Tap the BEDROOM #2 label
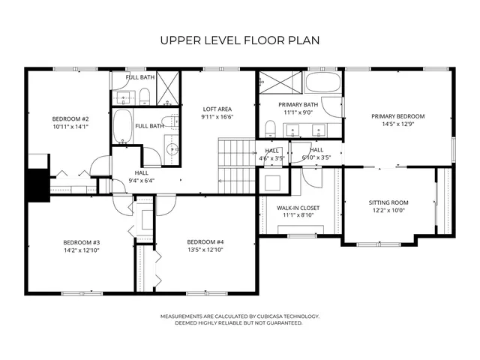(x=70, y=119)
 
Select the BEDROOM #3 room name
(x=82, y=242)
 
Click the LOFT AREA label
(x=217, y=109)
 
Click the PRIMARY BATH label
(x=298, y=104)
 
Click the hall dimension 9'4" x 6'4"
(x=141, y=181)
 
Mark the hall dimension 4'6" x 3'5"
(x=271, y=158)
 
